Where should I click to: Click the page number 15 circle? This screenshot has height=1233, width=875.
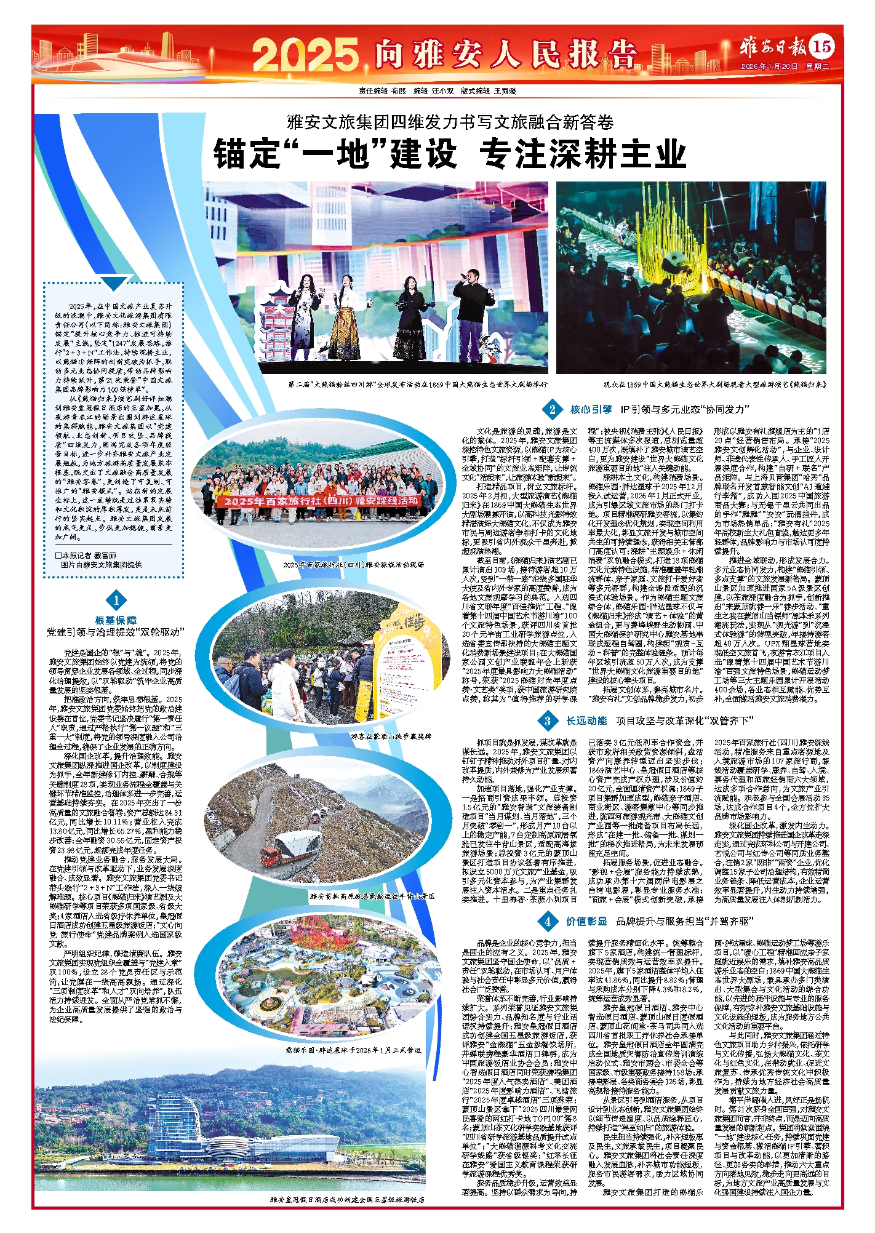[x=822, y=47]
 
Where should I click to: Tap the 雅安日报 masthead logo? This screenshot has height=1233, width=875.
[x=773, y=47]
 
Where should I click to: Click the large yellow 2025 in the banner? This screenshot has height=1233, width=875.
[x=305, y=54]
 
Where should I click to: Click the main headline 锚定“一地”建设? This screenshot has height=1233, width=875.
[x=336, y=154]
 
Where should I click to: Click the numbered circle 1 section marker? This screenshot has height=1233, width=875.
[x=116, y=599]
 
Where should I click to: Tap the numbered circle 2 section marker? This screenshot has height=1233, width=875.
[x=552, y=409]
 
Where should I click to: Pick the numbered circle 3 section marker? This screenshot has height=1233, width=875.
[x=547, y=720]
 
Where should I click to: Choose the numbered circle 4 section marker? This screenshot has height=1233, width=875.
[x=547, y=921]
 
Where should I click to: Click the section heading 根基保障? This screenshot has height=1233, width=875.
[x=116, y=620]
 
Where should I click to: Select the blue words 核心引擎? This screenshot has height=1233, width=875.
[x=591, y=409]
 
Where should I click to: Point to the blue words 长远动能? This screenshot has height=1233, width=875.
[x=586, y=720]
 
